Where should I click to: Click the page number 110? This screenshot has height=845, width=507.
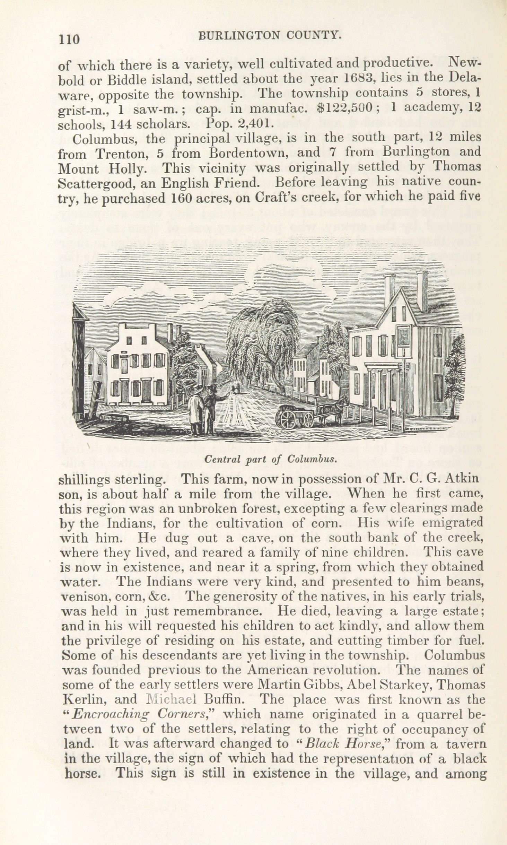tap(69, 39)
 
